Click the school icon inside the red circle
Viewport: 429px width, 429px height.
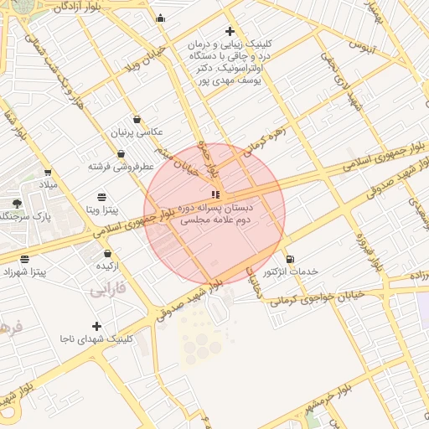215,194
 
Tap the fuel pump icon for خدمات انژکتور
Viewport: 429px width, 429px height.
290,259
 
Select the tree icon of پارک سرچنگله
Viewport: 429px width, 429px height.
17,204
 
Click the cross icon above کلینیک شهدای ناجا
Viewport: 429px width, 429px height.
96,326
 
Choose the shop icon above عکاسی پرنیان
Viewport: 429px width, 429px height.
137,119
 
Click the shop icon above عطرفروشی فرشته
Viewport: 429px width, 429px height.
121,153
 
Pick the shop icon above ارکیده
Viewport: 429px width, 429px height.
107,253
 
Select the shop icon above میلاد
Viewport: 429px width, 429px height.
48,173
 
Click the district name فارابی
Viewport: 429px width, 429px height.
106,291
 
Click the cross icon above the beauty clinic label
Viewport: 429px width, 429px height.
230,31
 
